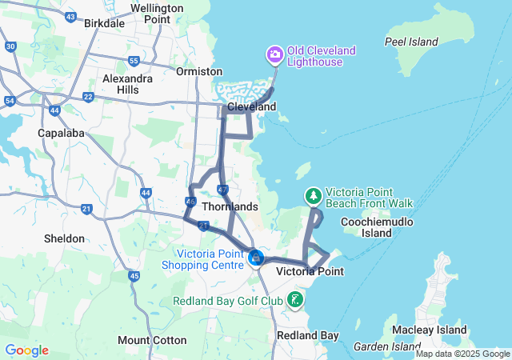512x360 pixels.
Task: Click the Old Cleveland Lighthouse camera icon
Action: (275, 54)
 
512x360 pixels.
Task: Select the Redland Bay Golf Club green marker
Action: (295, 300)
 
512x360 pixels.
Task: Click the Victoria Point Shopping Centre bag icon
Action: (256, 257)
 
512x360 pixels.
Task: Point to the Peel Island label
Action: (411, 42)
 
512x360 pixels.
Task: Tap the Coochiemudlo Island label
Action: (377, 227)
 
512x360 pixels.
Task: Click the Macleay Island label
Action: (430, 330)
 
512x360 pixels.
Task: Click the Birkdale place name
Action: (104, 23)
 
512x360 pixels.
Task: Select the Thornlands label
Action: (230, 206)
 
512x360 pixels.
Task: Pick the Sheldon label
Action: (64, 238)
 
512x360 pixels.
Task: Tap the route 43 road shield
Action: (71, 16)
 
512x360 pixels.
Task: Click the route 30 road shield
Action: (10, 46)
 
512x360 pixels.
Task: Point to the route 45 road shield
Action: (134, 276)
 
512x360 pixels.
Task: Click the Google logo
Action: (26, 350)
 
